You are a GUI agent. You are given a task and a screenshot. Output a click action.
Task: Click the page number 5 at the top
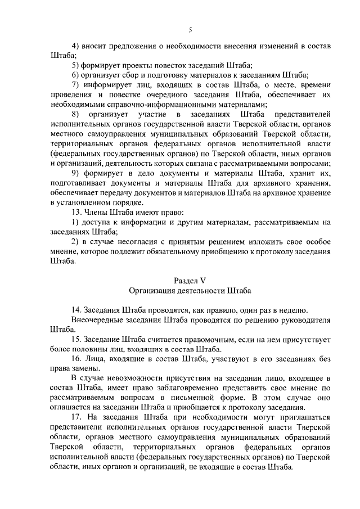[x=190, y=30]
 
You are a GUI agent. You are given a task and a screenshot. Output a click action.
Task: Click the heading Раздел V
[x=190, y=281]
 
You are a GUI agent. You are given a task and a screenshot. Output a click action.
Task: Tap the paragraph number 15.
[x=76, y=340]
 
